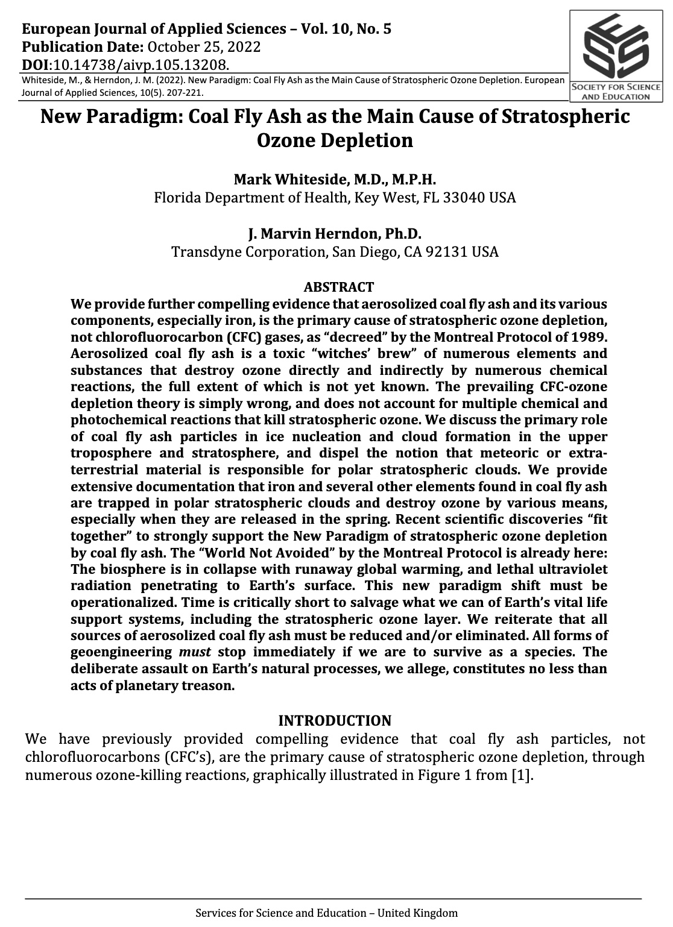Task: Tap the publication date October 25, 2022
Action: [x=204, y=46]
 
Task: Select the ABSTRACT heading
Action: [x=338, y=287]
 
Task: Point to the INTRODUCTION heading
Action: [x=335, y=720]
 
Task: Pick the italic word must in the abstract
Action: [x=195, y=652]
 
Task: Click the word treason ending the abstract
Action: [x=208, y=685]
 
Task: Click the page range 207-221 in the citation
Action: [x=186, y=93]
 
